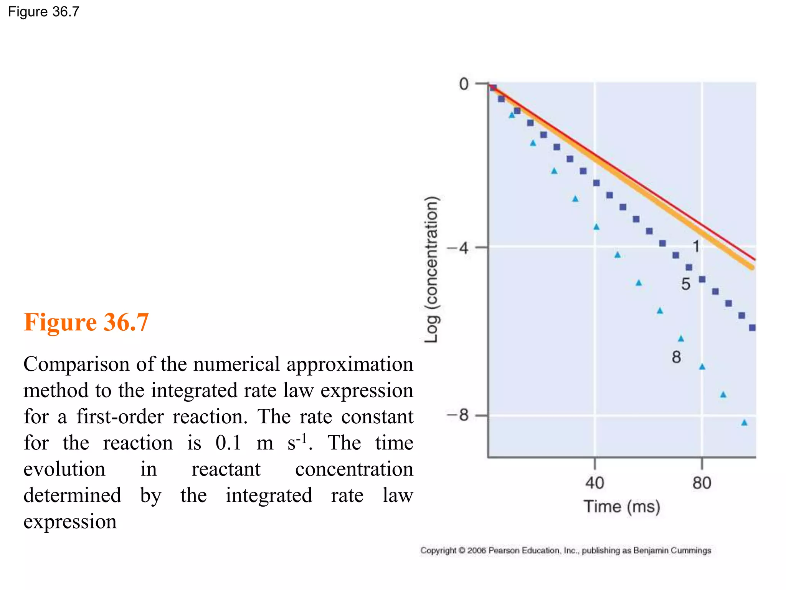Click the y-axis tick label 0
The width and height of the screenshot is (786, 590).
(x=464, y=84)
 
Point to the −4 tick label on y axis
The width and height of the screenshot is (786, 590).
(x=458, y=248)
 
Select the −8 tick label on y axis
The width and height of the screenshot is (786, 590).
(x=458, y=415)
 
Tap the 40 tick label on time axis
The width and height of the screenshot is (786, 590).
(x=594, y=483)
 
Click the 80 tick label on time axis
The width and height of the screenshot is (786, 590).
(x=702, y=483)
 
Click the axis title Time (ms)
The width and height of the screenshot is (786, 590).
(x=622, y=507)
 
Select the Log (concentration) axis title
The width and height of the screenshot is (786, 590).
(x=431, y=269)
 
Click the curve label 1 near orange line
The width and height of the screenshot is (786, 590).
(x=696, y=246)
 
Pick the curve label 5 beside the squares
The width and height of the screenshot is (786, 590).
(x=685, y=284)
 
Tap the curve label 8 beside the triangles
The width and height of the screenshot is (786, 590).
(x=676, y=357)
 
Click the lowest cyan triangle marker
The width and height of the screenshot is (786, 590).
(x=744, y=423)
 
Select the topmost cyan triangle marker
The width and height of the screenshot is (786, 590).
(x=512, y=115)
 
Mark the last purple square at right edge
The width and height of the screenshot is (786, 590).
(x=752, y=328)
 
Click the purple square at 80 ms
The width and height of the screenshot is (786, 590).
(x=702, y=279)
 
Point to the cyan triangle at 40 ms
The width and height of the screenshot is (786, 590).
(x=596, y=227)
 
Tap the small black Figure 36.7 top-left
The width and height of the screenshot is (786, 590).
(x=43, y=12)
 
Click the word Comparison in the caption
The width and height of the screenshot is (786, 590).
(x=76, y=364)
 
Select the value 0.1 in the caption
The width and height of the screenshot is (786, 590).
(x=228, y=442)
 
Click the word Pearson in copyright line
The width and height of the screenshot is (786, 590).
(x=504, y=550)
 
